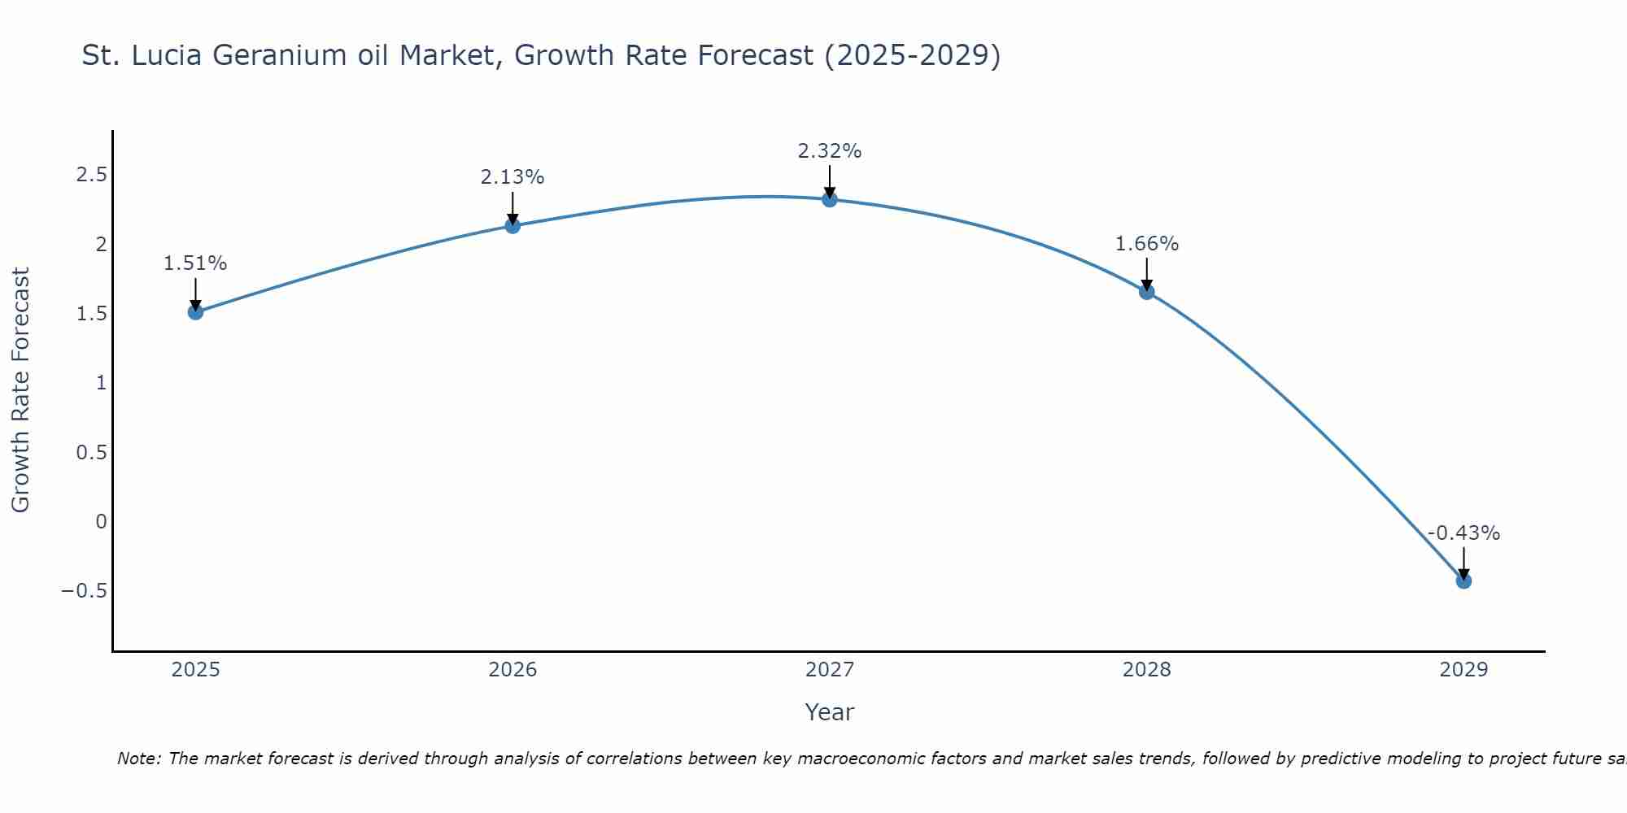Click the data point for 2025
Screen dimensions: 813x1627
[195, 311]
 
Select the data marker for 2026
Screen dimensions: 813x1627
[513, 225]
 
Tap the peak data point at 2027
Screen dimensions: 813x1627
[830, 199]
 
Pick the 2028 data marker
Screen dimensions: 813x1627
[1147, 292]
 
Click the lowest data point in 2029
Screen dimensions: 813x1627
[1463, 580]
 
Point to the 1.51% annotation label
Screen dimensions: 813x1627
[195, 263]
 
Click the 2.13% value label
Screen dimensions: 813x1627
[513, 177]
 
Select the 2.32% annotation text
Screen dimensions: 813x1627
[830, 151]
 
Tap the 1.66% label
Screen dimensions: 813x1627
[1147, 244]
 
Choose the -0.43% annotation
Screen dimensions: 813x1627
[1463, 533]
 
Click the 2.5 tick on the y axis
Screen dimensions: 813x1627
[92, 175]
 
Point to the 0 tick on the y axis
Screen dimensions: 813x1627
[101, 521]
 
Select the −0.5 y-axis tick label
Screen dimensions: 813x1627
[84, 590]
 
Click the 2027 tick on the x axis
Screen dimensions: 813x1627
[830, 670]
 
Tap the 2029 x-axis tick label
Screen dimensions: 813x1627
[1463, 670]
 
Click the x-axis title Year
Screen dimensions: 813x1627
[830, 712]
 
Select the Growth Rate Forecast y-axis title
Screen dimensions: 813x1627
[21, 390]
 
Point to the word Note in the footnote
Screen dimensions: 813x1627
[138, 759]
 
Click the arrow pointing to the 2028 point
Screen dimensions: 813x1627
[1147, 275]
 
